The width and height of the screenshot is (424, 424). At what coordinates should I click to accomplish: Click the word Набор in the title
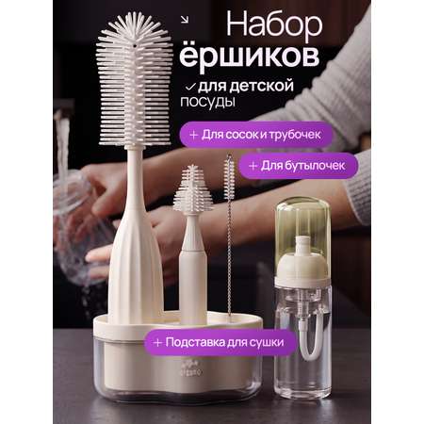coord(274,25)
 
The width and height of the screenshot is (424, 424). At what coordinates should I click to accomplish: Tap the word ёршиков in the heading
coord(250,57)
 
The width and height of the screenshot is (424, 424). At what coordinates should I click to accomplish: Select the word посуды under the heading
coord(207,102)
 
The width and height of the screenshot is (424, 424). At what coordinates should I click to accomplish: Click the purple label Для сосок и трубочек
coord(256,135)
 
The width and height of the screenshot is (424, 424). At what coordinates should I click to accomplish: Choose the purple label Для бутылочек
coord(299,166)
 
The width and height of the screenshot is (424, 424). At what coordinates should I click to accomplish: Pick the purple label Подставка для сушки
coord(220,342)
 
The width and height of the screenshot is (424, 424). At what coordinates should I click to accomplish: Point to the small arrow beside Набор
coord(185,20)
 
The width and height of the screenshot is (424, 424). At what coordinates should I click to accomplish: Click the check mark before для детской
coord(190,87)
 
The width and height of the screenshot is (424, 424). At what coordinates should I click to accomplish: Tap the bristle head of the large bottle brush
coord(135,80)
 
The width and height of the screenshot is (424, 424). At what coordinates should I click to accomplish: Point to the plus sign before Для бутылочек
coord(253,166)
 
